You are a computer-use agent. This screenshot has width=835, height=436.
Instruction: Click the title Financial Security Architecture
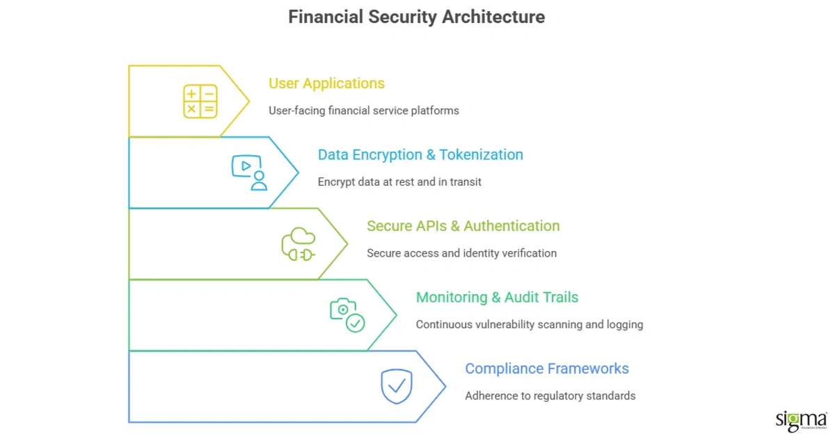[416, 17]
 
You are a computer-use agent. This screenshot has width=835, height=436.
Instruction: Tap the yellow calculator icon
[200, 101]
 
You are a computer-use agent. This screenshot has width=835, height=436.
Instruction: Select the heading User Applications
[326, 83]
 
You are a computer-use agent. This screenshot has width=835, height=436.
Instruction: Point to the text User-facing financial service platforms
[364, 111]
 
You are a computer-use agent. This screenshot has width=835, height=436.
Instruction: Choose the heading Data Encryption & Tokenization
[420, 155]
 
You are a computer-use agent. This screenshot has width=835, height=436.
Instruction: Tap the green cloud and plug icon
[299, 244]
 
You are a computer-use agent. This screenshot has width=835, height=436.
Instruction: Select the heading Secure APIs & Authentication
[463, 226]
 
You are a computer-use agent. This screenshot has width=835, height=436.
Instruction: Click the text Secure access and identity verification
[461, 253]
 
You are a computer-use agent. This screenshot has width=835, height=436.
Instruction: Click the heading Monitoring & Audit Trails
[497, 298]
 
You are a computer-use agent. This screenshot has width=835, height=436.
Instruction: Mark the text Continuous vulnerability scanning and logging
[529, 325]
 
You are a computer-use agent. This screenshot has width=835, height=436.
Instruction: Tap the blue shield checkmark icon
[397, 387]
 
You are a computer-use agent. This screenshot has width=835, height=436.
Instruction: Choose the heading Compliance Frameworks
[546, 369]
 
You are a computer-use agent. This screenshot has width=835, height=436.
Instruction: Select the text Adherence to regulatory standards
[550, 396]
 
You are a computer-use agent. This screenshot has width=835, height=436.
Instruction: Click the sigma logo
[801, 421]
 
